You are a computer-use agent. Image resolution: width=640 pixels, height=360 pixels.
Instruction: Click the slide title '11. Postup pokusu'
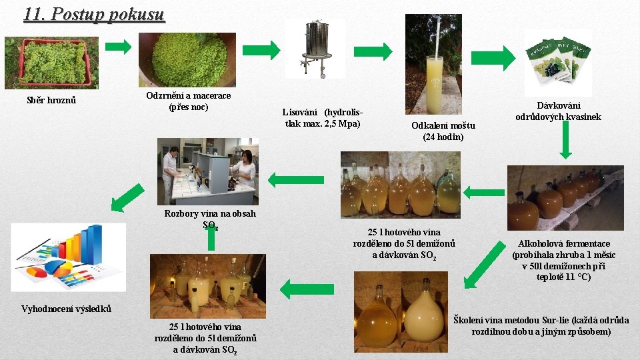click(x=94, y=14)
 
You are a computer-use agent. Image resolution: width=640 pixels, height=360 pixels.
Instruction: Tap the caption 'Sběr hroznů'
click(x=51, y=100)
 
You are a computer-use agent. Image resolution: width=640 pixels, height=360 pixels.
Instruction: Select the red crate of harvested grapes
click(x=54, y=62)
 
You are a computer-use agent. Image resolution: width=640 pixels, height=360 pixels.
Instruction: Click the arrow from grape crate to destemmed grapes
click(x=119, y=47)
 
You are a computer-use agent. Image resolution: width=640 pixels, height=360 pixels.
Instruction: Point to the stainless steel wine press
click(x=315, y=49)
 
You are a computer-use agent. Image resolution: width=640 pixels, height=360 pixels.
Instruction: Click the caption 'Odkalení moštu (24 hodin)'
click(x=443, y=131)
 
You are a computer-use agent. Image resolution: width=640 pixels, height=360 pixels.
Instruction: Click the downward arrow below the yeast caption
click(x=565, y=139)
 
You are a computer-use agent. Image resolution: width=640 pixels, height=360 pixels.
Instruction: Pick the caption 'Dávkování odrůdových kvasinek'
click(x=559, y=111)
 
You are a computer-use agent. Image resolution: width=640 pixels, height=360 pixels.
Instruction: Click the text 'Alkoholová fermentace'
click(x=564, y=244)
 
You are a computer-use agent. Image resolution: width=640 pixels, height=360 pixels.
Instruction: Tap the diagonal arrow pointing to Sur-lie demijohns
click(x=485, y=265)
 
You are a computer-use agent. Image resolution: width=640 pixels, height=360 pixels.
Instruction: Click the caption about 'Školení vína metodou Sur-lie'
click(x=541, y=326)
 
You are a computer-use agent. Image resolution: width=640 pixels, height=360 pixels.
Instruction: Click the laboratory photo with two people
click(x=208, y=171)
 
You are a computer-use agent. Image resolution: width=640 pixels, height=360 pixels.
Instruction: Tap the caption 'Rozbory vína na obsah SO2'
click(x=210, y=219)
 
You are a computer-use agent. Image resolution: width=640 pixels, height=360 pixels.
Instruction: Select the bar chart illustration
click(x=68, y=257)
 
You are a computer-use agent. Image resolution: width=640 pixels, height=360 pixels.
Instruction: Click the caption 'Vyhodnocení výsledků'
click(x=66, y=309)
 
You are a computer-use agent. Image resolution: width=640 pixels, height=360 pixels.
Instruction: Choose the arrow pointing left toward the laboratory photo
click(x=296, y=180)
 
